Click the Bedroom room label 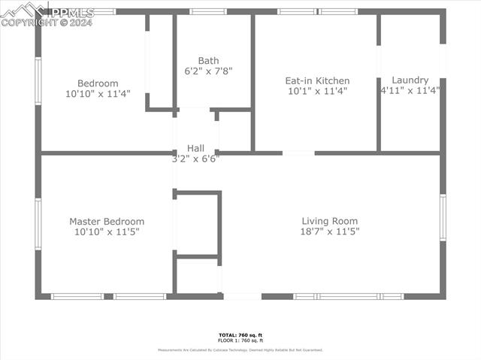pos(98,83)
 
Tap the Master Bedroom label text pos(107,222)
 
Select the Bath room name pos(209,61)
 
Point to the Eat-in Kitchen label pos(317,80)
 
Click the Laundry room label pos(410,80)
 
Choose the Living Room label pos(330,221)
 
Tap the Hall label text pos(195,148)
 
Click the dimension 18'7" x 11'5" pos(330,231)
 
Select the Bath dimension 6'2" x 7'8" pos(209,71)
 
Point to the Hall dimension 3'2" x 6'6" pos(195,159)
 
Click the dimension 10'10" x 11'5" pos(107,232)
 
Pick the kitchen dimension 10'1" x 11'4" pos(317,91)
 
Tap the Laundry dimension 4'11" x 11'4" pos(410,90)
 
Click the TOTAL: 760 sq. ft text pos(240,334)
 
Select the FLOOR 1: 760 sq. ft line pos(240,340)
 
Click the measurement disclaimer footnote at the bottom pos(240,350)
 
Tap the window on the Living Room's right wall pos(443,217)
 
